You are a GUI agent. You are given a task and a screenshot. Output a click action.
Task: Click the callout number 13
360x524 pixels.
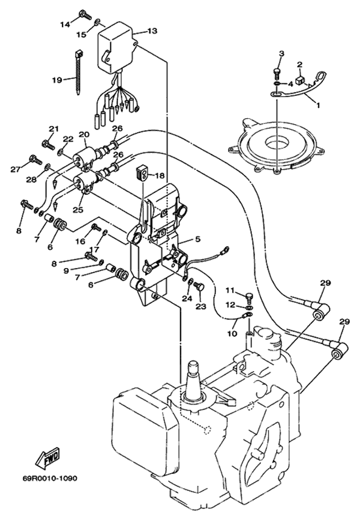coord(152,30)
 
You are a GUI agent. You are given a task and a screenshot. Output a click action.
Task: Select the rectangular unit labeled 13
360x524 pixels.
coord(119,45)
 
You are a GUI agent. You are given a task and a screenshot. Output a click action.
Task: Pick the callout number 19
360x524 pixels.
coord(58,79)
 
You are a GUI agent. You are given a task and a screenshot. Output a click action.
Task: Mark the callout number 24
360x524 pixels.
coord(187,297)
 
